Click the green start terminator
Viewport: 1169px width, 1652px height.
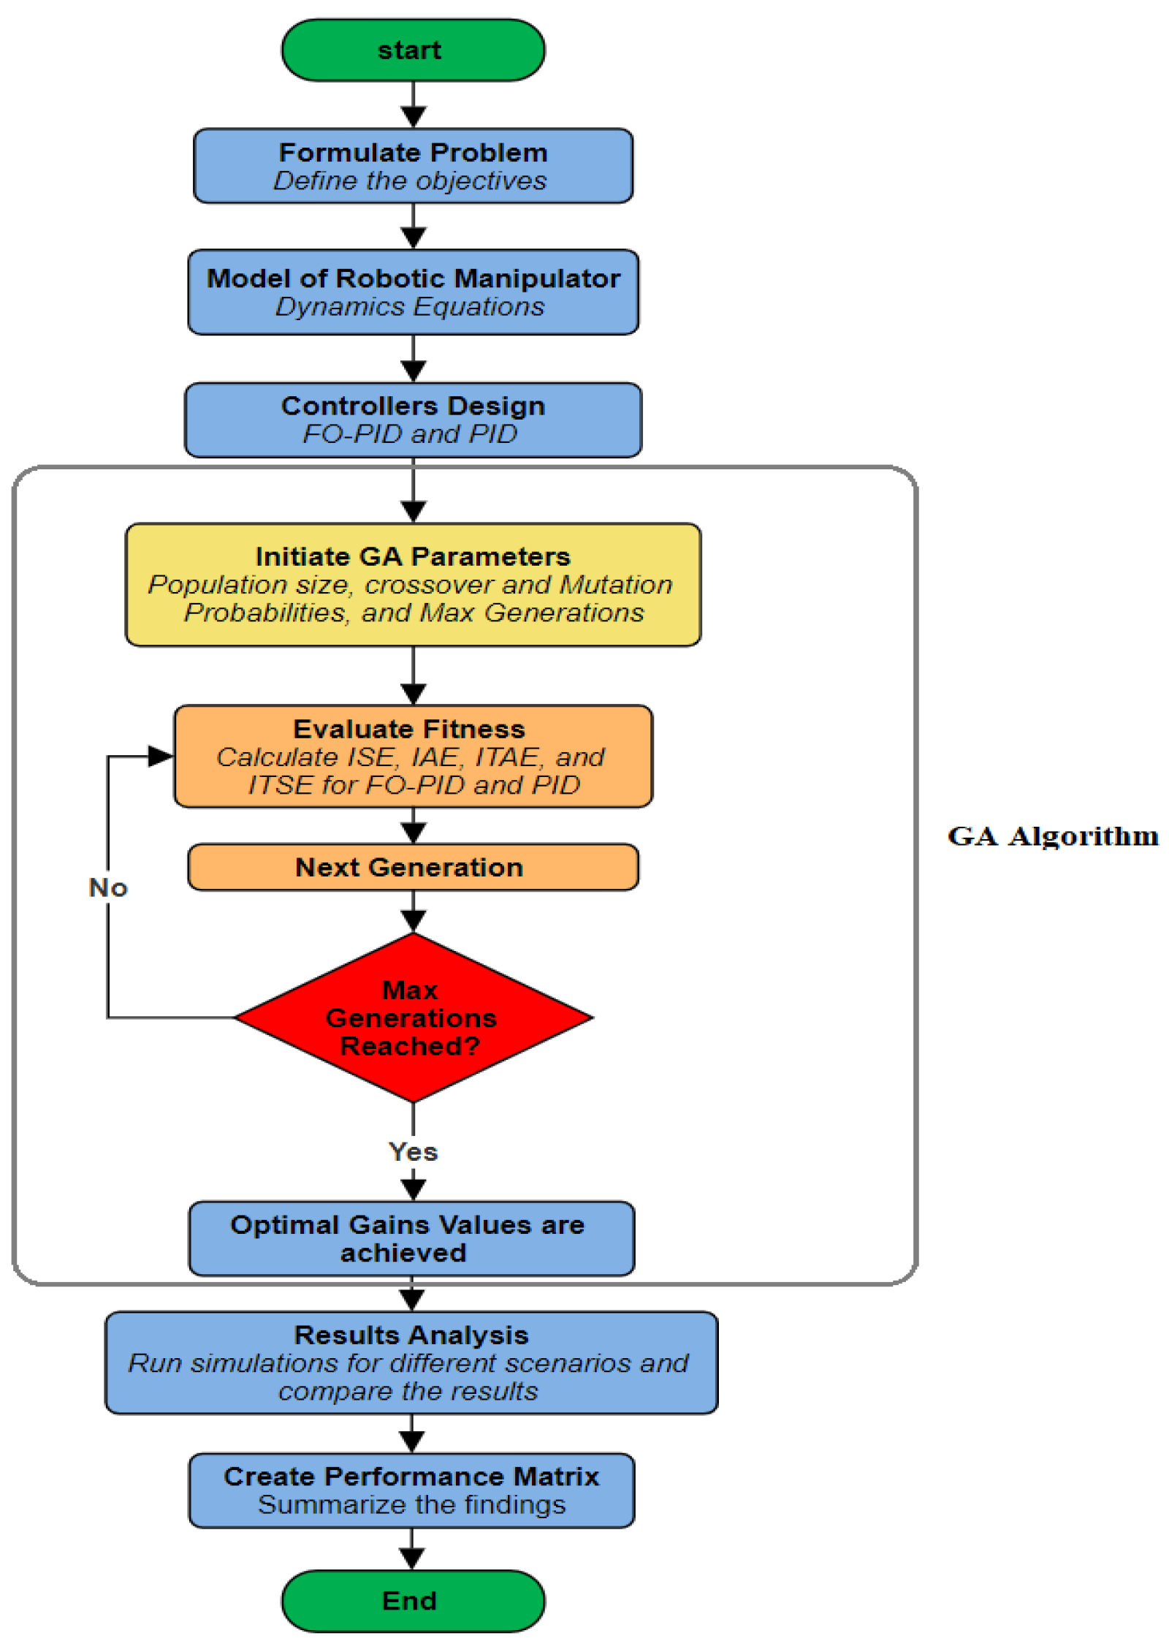point(413,50)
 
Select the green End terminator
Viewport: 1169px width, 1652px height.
point(413,1600)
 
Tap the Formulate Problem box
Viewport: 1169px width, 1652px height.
point(413,166)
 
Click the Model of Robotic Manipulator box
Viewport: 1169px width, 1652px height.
point(413,292)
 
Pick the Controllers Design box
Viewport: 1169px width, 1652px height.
point(413,420)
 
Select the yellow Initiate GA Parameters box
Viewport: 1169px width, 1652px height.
point(413,584)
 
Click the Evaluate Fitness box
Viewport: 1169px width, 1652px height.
point(413,756)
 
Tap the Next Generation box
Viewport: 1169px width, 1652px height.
point(413,867)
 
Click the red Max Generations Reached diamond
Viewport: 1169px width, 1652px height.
point(413,1017)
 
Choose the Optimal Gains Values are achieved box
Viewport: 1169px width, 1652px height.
point(411,1238)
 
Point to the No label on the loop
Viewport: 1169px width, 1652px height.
point(108,887)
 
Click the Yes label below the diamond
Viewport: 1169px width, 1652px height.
point(413,1151)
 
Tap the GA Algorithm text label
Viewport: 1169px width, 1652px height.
point(1053,836)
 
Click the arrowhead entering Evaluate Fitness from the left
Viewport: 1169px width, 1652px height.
point(161,756)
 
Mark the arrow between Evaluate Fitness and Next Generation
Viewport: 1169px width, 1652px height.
point(414,826)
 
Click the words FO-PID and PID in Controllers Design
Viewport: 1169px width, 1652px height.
point(410,433)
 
